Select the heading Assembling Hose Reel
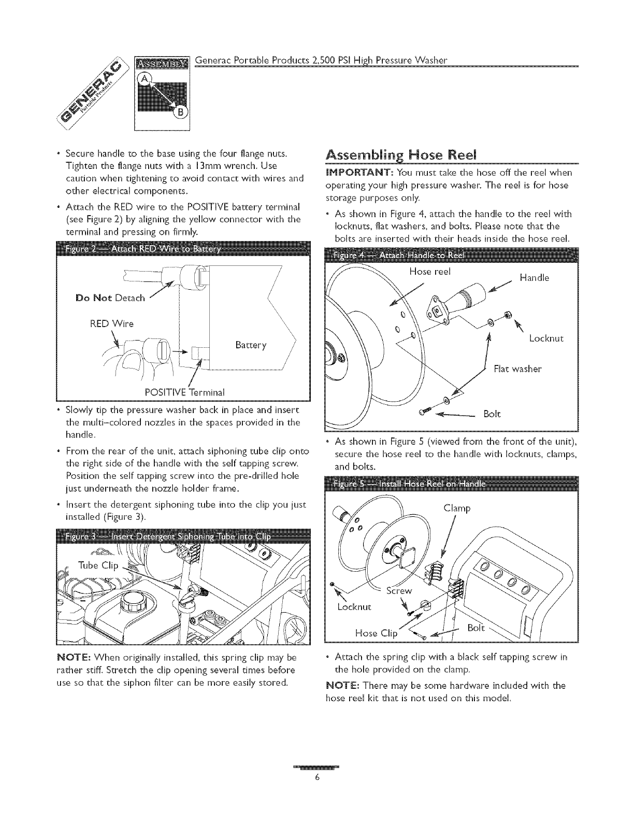(x=401, y=155)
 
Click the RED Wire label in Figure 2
(x=112, y=324)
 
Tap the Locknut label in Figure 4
(x=546, y=339)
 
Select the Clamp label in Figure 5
(x=457, y=508)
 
